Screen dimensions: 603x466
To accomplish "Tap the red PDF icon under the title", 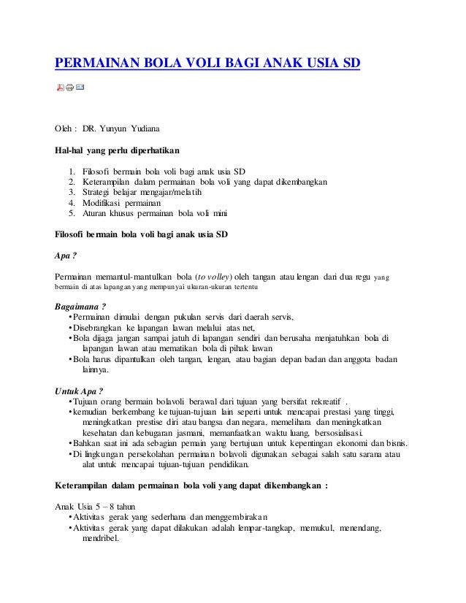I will coord(60,88).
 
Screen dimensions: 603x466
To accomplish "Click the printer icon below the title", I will coord(69,88).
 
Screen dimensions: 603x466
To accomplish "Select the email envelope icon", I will coord(80,88).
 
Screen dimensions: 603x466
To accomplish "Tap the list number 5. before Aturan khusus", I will coord(72,213).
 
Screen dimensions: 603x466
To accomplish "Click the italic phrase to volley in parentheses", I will coord(210,276).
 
